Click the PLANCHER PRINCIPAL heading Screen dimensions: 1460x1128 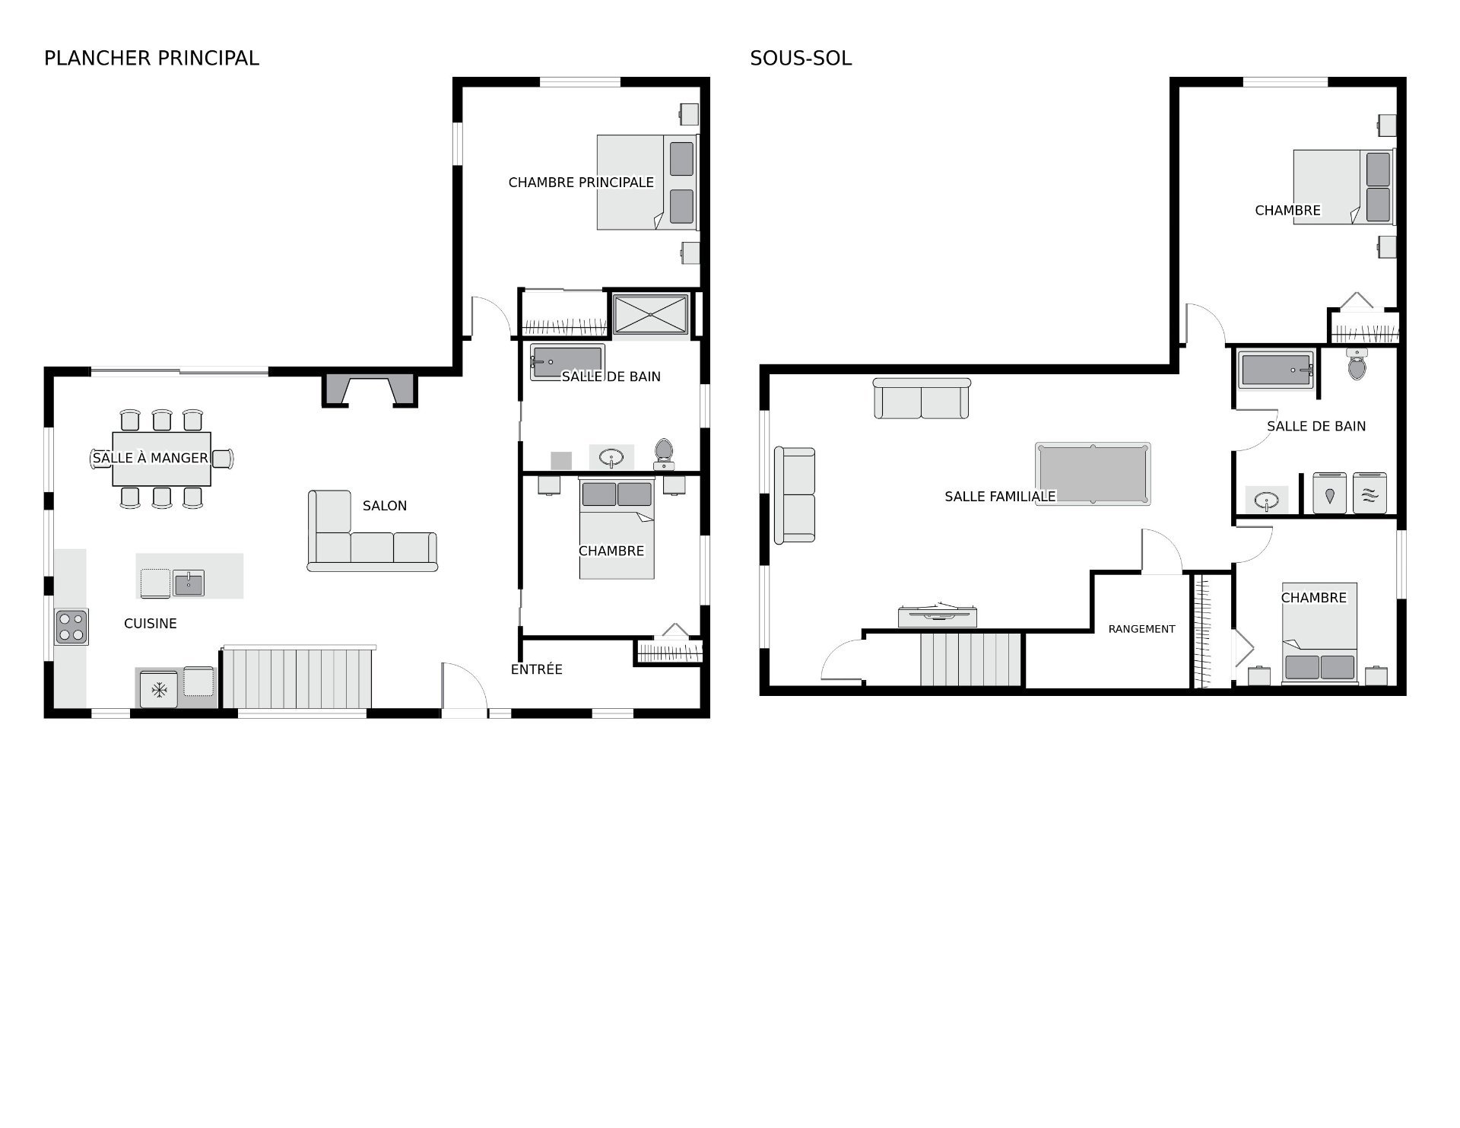[151, 58]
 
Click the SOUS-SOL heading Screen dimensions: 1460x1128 [801, 58]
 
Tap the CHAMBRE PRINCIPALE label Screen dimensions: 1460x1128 [581, 183]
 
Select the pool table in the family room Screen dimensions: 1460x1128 [1093, 474]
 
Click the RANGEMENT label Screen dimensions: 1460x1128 [1141, 629]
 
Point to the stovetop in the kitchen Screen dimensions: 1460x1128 [71, 627]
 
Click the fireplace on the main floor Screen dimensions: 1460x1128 [370, 390]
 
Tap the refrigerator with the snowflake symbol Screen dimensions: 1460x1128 [159, 689]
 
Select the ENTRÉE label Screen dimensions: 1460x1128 [537, 669]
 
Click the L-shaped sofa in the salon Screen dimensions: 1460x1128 [371, 532]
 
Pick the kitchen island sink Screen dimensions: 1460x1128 [188, 583]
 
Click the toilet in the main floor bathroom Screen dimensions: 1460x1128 [664, 454]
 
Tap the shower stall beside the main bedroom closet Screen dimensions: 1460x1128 [651, 314]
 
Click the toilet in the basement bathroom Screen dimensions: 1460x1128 [1356, 364]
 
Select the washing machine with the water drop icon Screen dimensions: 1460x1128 [1329, 493]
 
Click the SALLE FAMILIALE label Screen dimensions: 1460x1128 [1000, 497]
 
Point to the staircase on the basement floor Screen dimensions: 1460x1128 [971, 659]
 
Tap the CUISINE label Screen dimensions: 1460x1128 [151, 624]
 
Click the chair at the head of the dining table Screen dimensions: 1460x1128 [223, 459]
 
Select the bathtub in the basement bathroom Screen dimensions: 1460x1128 [1277, 369]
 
